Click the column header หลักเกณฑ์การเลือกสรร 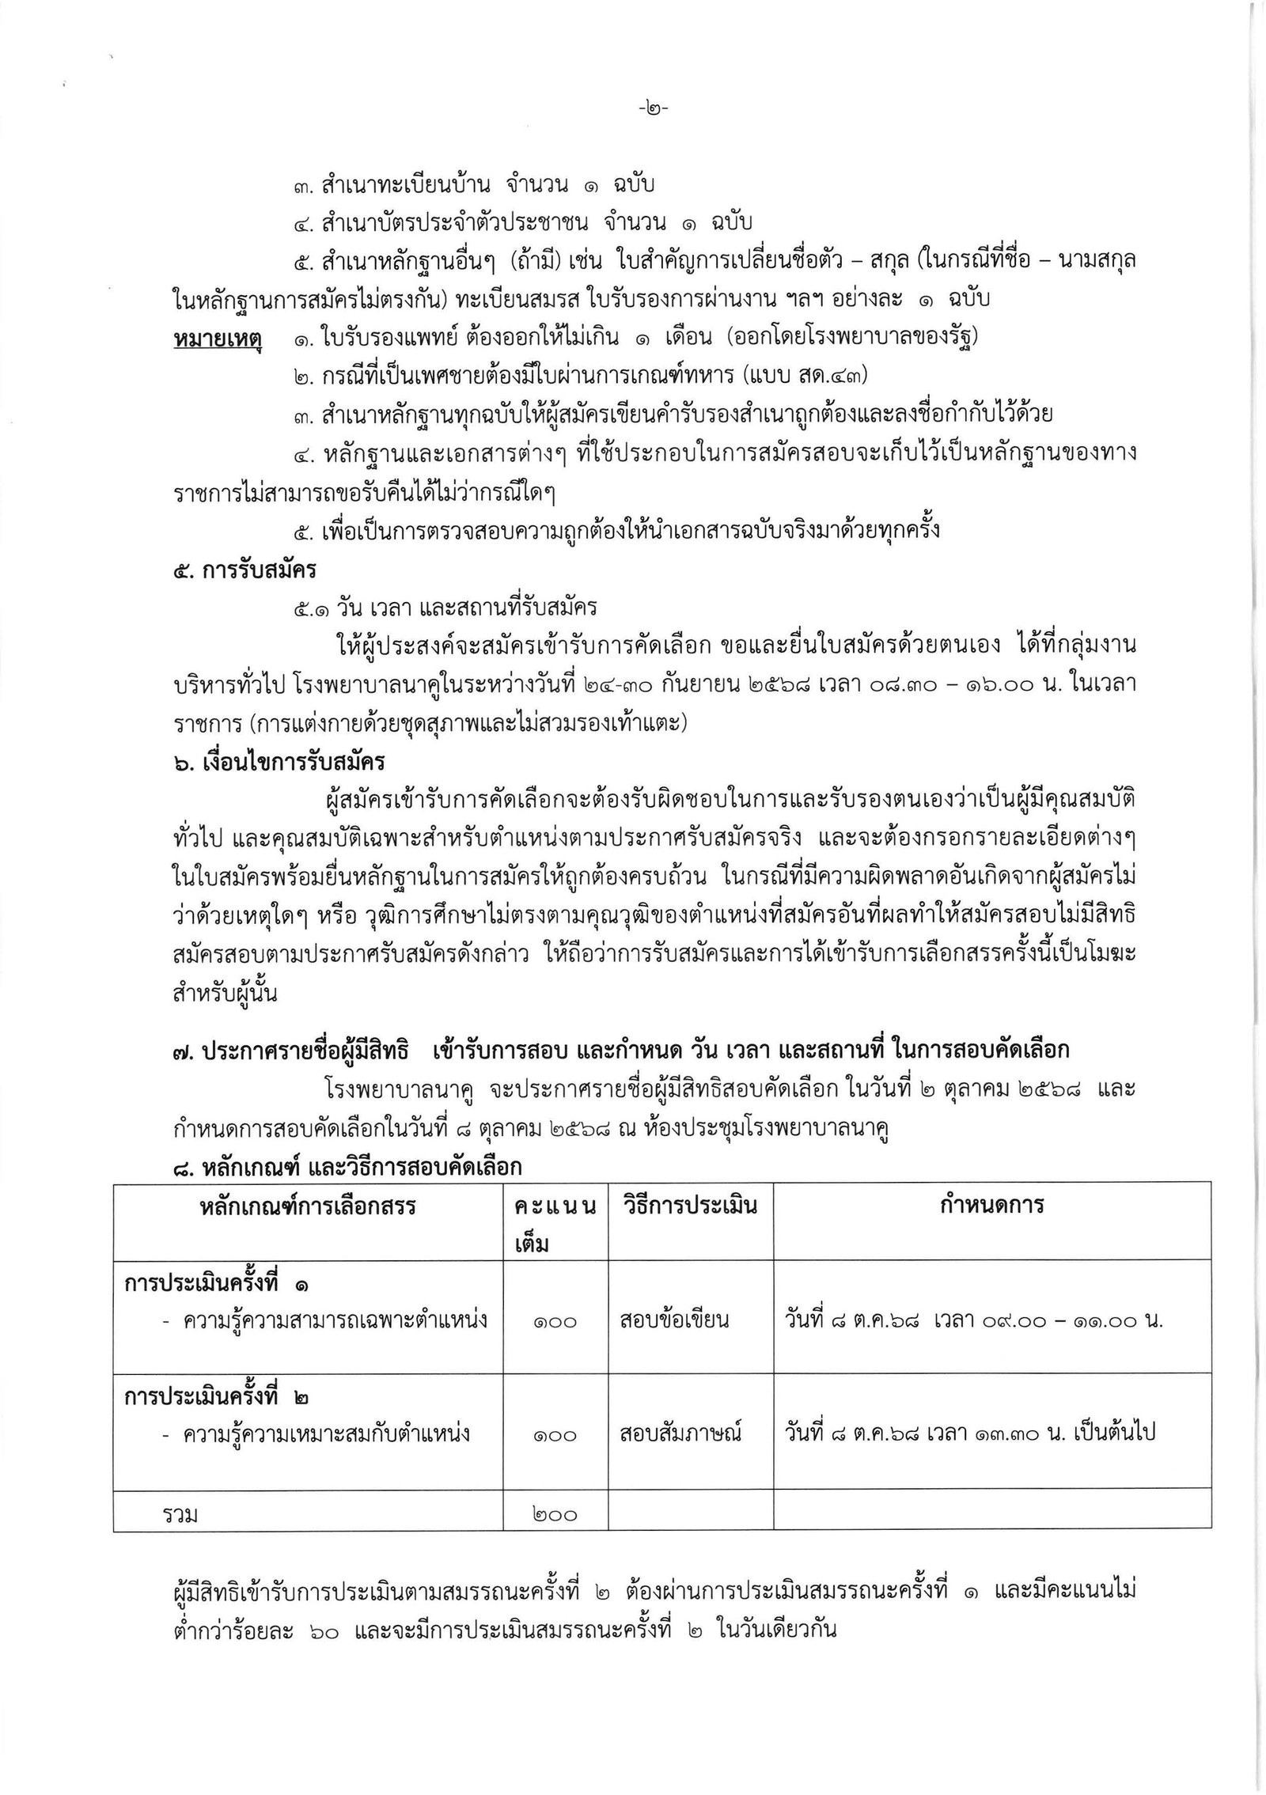[x=308, y=1206]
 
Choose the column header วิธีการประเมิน [x=688, y=1206]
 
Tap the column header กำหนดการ [x=992, y=1206]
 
